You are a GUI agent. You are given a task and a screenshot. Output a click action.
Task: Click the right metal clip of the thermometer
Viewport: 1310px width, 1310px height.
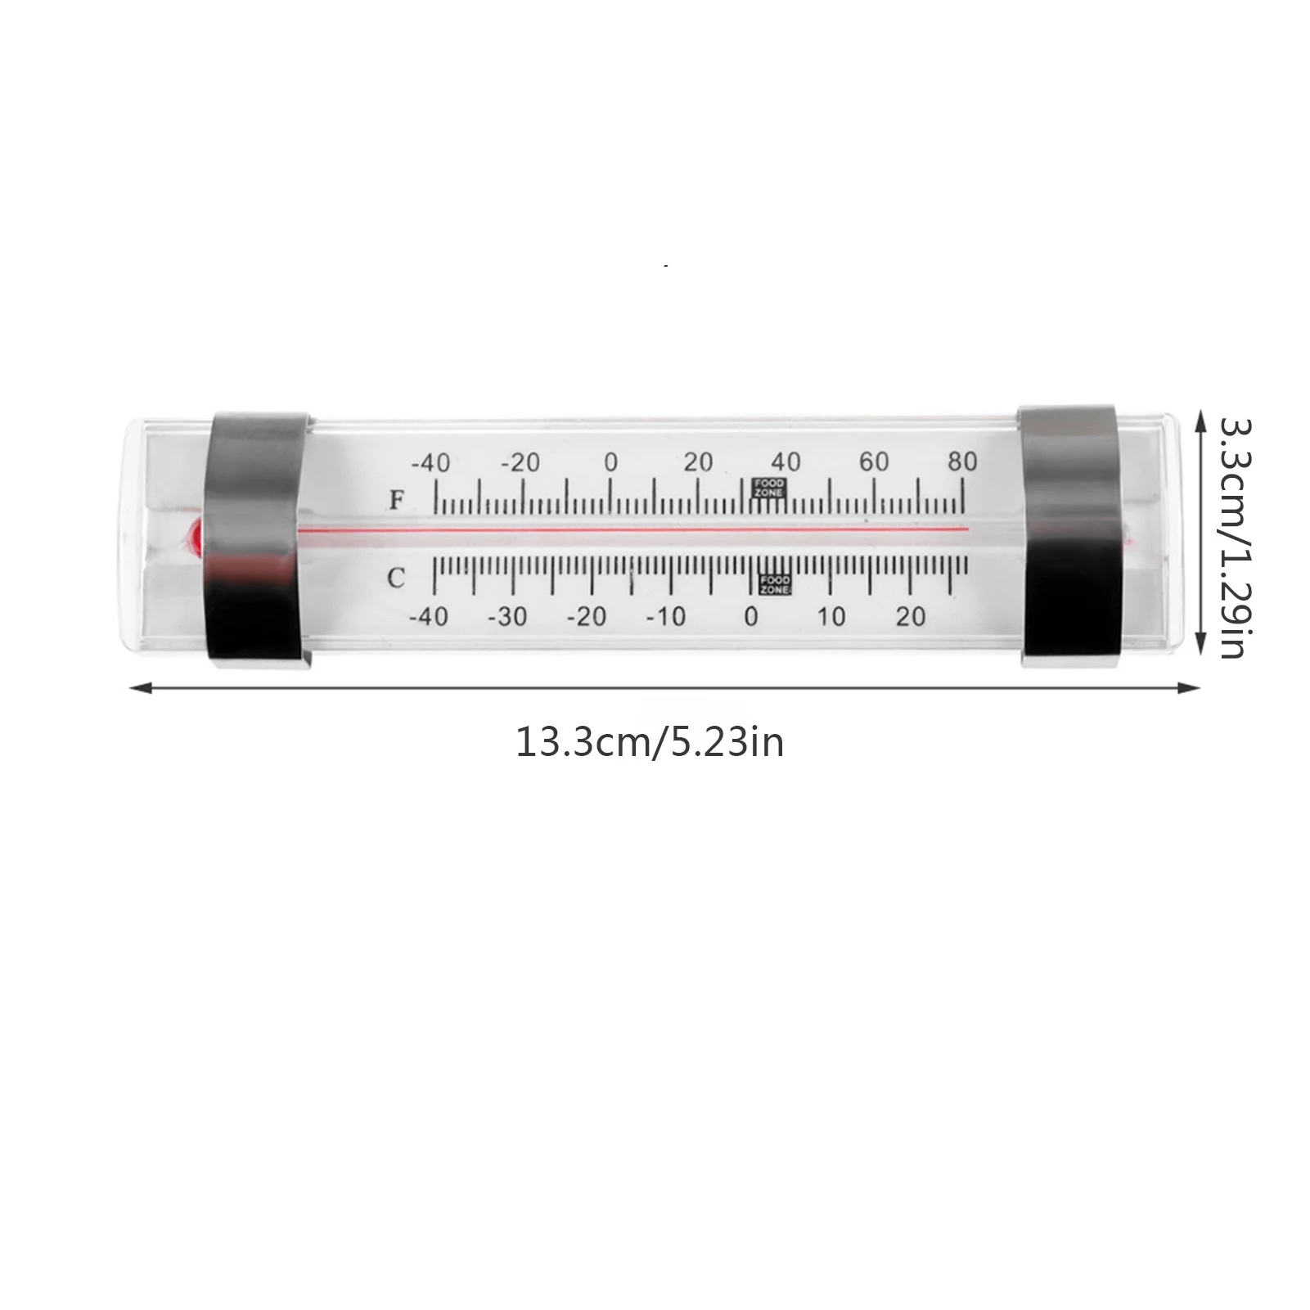coord(1070,536)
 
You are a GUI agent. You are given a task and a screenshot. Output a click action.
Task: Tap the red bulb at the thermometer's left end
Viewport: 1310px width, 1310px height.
coord(196,537)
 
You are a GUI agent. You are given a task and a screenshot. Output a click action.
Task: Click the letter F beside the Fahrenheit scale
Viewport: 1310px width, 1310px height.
coord(398,499)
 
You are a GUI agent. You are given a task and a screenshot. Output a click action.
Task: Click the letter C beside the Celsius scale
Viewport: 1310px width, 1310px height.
coord(396,578)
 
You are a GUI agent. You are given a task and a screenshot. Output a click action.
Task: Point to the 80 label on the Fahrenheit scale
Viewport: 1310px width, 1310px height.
coord(963,461)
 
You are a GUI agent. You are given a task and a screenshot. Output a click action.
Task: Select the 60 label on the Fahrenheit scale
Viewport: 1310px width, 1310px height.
coord(874,461)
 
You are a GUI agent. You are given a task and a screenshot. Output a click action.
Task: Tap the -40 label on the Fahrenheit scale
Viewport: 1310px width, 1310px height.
coord(430,463)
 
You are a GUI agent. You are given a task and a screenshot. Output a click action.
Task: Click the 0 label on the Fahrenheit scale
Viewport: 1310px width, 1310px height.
coord(610,462)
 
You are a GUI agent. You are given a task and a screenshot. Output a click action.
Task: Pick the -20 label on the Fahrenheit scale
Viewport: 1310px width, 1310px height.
coord(520,463)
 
